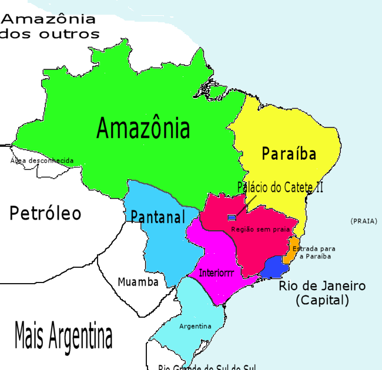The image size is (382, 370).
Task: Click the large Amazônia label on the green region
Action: (143, 127)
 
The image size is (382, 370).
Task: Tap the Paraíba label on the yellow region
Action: (289, 154)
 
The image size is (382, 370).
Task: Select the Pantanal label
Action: (158, 216)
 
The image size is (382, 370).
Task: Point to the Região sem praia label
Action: (260, 229)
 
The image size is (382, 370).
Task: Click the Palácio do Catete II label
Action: (280, 188)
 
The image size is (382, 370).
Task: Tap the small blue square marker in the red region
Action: (232, 218)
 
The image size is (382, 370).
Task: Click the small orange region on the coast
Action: (291, 251)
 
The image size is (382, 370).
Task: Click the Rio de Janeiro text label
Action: (322, 287)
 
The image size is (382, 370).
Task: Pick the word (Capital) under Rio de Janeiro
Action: (322, 300)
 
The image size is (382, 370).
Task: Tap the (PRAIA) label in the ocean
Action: (363, 221)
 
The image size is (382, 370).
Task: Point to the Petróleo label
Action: (45, 213)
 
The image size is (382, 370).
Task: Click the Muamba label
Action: (138, 282)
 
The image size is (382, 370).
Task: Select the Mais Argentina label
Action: (63, 337)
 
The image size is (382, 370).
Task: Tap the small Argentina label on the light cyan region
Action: (195, 326)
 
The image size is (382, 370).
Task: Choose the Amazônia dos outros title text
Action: (50, 26)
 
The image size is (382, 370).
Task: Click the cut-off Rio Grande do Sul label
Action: (207, 367)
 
